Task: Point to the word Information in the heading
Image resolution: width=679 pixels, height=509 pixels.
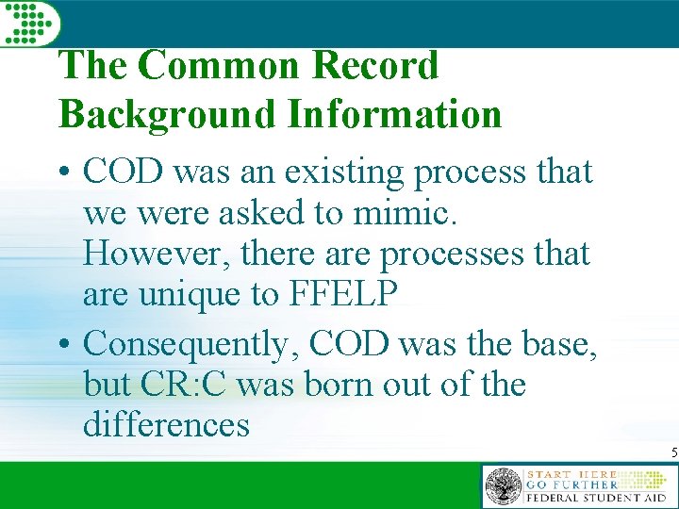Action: point(394,114)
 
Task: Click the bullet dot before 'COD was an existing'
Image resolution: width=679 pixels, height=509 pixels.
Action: point(68,174)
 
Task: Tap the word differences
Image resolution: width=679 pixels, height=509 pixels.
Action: point(166,425)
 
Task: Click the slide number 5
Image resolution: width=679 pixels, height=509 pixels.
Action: point(673,453)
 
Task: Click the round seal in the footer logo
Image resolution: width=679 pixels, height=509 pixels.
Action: point(503,486)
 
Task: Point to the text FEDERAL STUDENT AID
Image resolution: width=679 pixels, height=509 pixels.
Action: point(596,498)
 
